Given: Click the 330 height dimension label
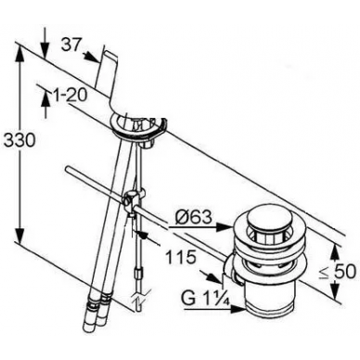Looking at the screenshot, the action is (x=19, y=141).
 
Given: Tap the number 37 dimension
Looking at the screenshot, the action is (x=71, y=45).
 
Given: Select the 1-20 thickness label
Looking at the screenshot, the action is (x=70, y=95).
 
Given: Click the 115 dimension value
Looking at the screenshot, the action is (x=181, y=256).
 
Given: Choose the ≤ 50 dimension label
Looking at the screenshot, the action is (x=338, y=272).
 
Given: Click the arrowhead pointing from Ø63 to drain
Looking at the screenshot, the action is (x=225, y=227).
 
